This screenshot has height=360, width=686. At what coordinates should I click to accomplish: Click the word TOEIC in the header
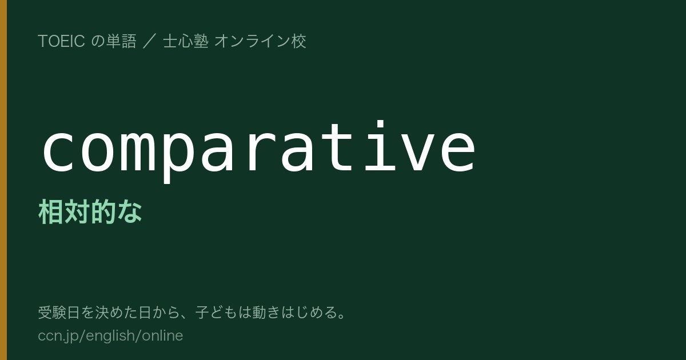[61, 41]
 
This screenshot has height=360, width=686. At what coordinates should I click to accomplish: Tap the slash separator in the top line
[149, 41]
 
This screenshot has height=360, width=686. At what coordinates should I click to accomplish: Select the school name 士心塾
[186, 41]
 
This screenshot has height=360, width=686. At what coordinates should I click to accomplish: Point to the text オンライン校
[260, 41]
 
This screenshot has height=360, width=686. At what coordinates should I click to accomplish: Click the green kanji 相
[51, 211]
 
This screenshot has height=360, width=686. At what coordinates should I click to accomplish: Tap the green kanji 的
[103, 211]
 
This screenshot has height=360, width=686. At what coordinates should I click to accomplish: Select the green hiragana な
[130, 211]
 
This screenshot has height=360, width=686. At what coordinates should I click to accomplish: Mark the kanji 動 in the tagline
[259, 312]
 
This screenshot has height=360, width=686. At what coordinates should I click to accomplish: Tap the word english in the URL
[110, 336]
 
